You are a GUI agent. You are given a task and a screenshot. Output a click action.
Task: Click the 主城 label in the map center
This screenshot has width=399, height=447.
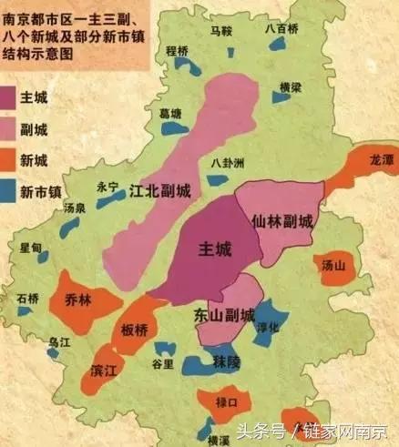click(215, 249)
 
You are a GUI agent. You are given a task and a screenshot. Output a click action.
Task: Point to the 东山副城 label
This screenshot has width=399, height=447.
click(224, 316)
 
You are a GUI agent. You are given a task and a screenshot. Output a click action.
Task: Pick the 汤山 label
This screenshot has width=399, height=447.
click(334, 265)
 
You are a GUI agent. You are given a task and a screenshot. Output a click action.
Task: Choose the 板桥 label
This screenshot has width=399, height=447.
click(135, 329)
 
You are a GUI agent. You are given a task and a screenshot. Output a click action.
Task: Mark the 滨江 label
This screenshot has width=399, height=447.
click(103, 374)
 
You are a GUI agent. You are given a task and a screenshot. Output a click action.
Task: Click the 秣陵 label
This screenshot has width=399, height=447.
click(226, 362)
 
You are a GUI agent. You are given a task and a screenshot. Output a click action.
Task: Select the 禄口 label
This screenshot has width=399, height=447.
click(226, 401)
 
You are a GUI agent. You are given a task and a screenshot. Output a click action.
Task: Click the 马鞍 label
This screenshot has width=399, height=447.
click(221, 30)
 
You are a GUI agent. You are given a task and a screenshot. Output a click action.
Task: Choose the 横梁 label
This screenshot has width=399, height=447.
click(290, 86)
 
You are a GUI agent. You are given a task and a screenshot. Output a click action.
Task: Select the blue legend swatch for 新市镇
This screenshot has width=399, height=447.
click(15, 192)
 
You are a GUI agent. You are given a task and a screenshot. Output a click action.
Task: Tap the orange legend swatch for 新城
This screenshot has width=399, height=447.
click(15, 160)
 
